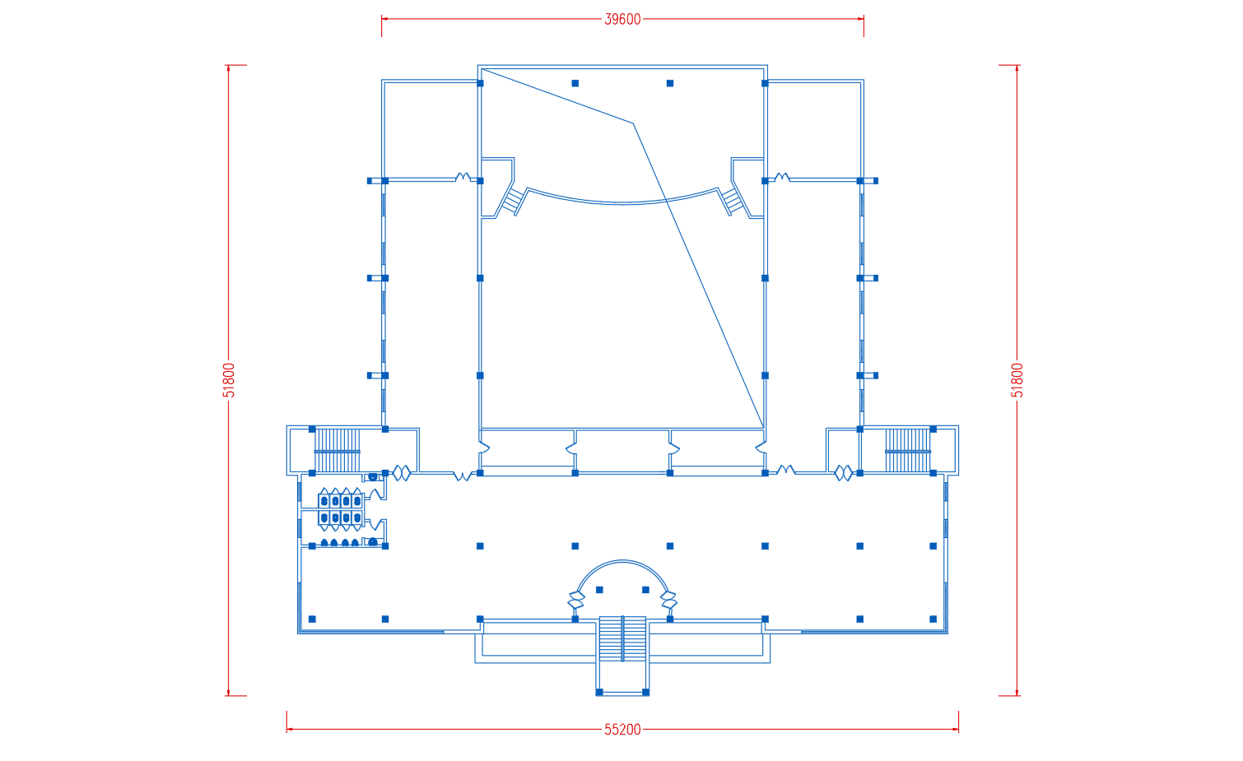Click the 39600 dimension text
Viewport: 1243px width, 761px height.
[622, 20]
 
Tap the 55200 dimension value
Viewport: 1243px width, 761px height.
[622, 730]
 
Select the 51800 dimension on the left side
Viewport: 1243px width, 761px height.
[229, 380]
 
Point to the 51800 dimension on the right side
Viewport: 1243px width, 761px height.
[1017, 380]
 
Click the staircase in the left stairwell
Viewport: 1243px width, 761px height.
[338, 451]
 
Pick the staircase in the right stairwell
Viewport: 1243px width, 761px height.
[908, 451]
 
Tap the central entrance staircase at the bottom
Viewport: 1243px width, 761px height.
[622, 638]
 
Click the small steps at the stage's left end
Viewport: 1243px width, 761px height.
[514, 201]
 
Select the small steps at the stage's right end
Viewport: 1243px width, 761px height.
[732, 201]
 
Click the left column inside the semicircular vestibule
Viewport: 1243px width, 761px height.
[599, 590]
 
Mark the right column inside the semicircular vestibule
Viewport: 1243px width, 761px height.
[645, 590]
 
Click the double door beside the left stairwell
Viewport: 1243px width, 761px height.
[402, 473]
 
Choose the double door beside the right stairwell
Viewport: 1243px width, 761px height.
[844, 473]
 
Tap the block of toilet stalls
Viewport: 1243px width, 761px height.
[341, 509]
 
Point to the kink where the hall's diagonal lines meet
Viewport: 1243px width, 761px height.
[633, 123]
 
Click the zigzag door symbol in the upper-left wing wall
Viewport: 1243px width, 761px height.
[463, 177]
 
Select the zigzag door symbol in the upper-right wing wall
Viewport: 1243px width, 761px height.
[782, 177]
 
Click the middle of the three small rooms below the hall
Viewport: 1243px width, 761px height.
[622, 450]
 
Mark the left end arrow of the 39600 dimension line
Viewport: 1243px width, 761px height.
[384, 19]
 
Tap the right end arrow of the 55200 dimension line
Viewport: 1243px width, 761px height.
[956, 730]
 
